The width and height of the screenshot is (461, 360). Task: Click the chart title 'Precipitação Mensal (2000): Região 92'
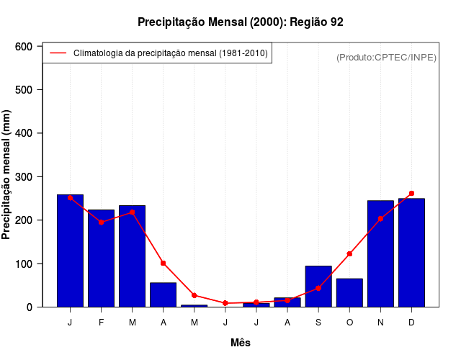(x=241, y=22)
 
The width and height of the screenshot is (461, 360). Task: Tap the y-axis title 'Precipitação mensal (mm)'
(x=7, y=175)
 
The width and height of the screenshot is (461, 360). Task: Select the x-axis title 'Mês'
(x=241, y=343)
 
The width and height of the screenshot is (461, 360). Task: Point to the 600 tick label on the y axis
(x=24, y=47)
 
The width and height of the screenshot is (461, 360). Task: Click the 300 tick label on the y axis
(x=24, y=177)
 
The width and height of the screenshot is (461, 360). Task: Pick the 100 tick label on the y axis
(x=24, y=264)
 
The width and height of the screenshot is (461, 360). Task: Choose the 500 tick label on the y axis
(x=24, y=90)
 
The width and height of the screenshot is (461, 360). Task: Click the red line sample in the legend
(x=58, y=53)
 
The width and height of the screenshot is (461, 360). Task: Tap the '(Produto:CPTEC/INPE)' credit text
(x=386, y=58)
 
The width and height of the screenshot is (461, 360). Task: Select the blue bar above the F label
(x=101, y=258)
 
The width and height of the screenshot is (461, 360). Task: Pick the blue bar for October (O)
(x=349, y=292)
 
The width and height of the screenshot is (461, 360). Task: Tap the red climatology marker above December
(x=411, y=193)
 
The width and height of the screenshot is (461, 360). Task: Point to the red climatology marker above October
(x=349, y=253)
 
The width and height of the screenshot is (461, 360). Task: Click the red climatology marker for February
(x=101, y=222)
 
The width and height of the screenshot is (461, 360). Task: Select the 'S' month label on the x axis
(x=318, y=323)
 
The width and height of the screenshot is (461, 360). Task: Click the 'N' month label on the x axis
(x=380, y=323)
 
